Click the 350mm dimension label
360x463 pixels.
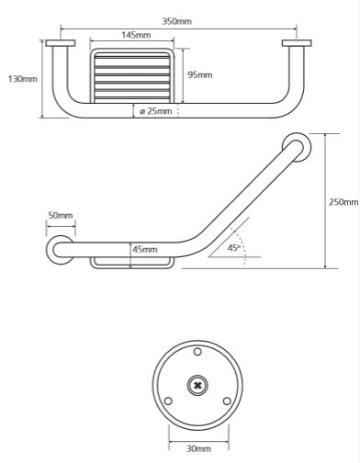click(176, 21)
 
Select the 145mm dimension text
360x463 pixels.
click(136, 35)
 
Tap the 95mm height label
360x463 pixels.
click(199, 74)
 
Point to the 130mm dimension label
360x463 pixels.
click(23, 79)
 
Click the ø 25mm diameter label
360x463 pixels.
click(156, 111)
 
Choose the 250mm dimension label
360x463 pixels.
click(343, 202)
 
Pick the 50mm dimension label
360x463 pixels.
click(61, 215)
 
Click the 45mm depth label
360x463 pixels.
click(145, 249)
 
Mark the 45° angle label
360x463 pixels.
click(234, 248)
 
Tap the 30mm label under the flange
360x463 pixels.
click(198, 449)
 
